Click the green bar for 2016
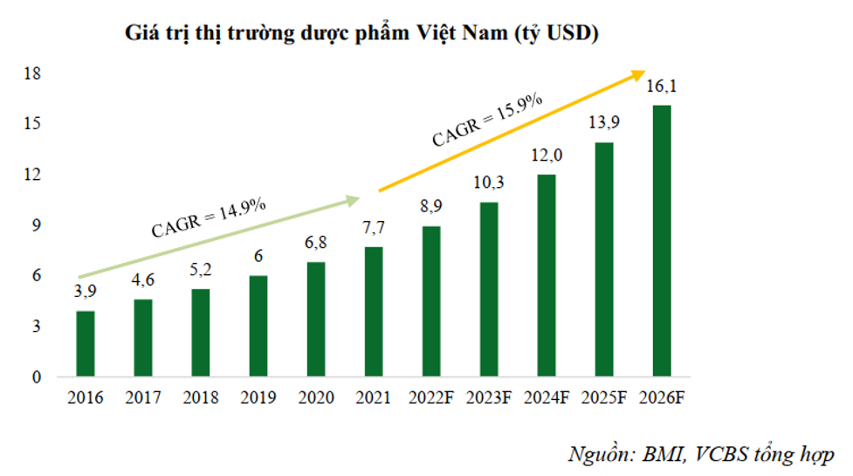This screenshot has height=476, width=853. click(x=86, y=344)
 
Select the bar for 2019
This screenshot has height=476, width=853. click(x=259, y=327)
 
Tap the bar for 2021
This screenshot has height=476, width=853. click(x=373, y=312)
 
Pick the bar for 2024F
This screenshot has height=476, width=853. click(x=546, y=276)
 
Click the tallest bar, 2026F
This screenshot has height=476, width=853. click(x=662, y=241)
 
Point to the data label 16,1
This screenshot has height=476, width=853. click(x=661, y=86)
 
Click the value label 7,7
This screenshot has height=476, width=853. click(x=373, y=229)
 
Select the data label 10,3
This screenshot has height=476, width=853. click(x=488, y=184)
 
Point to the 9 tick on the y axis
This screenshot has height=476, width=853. click(x=38, y=225)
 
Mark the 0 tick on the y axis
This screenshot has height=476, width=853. click(x=38, y=377)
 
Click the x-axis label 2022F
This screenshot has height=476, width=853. click(x=430, y=398)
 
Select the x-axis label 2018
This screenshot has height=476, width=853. click(x=201, y=398)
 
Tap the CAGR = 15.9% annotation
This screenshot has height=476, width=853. click(x=488, y=121)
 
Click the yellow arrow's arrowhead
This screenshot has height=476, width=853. click(x=638, y=75)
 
